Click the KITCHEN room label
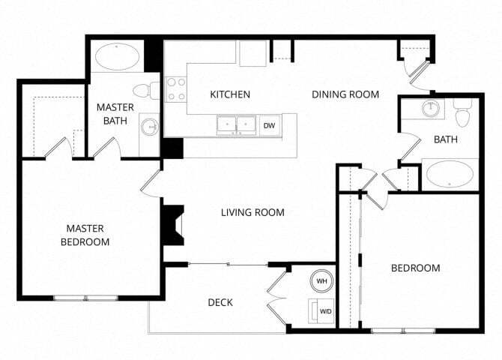point(229,94)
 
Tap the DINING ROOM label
point(345,94)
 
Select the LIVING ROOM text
point(252,212)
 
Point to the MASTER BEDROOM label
point(85,235)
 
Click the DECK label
point(220,302)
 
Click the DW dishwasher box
point(270,125)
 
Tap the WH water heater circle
point(322,280)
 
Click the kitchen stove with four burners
point(176,89)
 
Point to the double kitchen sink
point(236,124)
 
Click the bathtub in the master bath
point(118,56)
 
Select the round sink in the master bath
point(150,126)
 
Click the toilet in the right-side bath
point(461,113)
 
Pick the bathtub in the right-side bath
point(450,176)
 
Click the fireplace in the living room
point(173,225)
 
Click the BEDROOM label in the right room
point(416,268)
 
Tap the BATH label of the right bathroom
point(445,139)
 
